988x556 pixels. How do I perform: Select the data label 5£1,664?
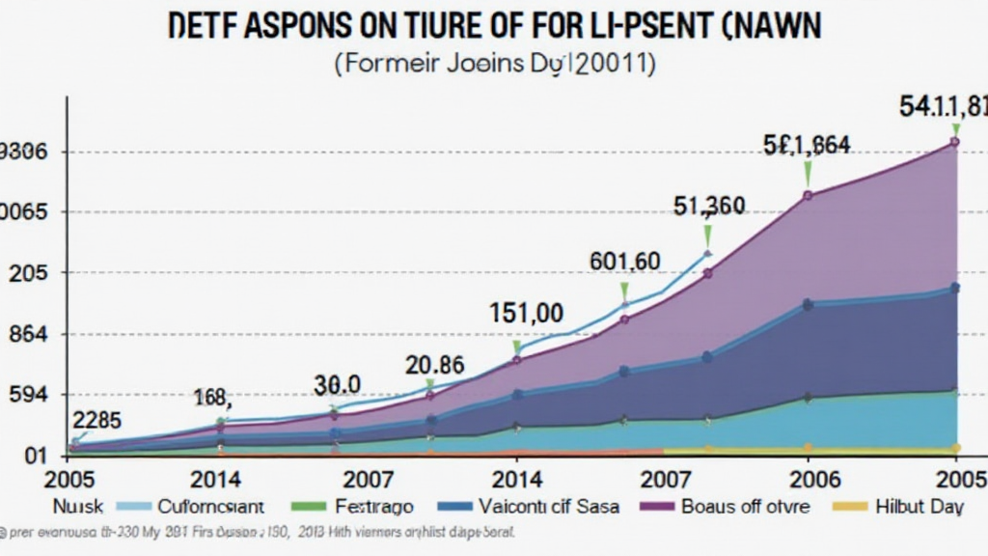[x=807, y=146]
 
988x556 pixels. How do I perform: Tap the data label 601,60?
[x=624, y=261]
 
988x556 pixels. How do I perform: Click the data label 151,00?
[x=526, y=314]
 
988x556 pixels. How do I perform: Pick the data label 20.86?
[x=434, y=366]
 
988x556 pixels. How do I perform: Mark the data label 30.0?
[x=338, y=385]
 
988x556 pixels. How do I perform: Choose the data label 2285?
[x=96, y=420]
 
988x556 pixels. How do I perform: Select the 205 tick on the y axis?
[x=29, y=274]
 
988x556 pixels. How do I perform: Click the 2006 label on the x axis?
[x=815, y=480]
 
